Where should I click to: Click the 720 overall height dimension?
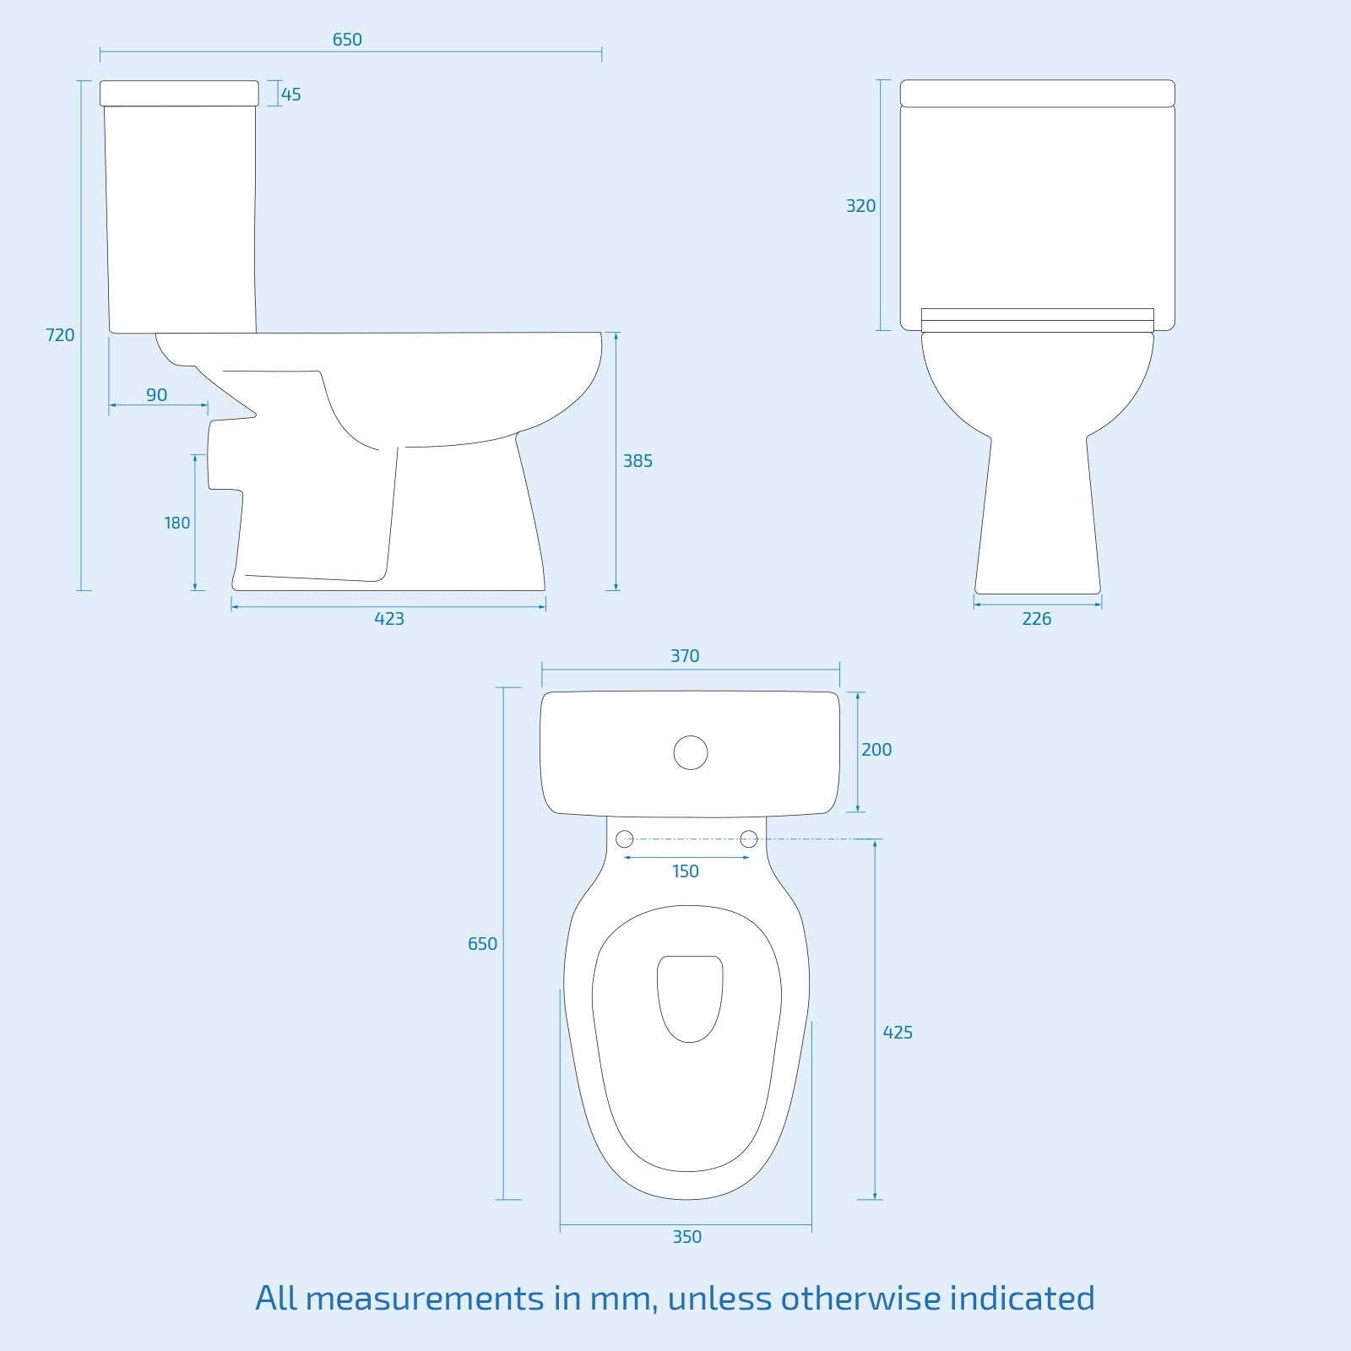[x=60, y=335]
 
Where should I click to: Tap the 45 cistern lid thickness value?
[x=291, y=95]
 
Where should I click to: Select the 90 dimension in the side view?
[x=157, y=394]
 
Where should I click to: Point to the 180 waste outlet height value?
[x=177, y=523]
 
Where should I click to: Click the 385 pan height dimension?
[x=638, y=461]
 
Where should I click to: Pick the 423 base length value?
[x=389, y=619]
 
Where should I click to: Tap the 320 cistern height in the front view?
[x=861, y=206]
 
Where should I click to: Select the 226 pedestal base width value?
[x=1037, y=619]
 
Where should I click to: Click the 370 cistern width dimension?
[x=685, y=656]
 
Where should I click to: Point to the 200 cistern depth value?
[x=876, y=750]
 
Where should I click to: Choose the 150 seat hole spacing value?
[x=686, y=871]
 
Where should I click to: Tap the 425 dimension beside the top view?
[x=898, y=1033]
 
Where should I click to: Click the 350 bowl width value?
[x=686, y=1237]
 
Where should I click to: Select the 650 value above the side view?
[x=347, y=40]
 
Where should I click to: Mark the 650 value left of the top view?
[x=483, y=944]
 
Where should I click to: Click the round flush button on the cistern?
[x=691, y=752]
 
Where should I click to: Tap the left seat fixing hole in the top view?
[x=625, y=838]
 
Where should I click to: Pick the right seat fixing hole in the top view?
[x=749, y=838]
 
